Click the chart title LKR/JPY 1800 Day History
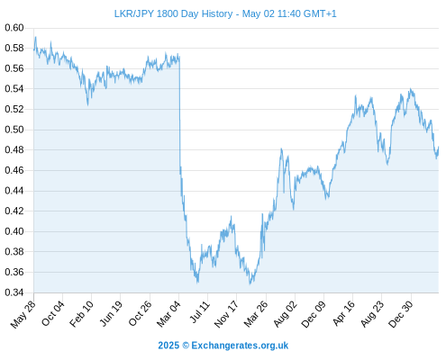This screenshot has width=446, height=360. [x=173, y=13]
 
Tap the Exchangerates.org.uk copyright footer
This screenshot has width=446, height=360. [x=223, y=346]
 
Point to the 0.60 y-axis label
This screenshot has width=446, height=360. [x=14, y=28]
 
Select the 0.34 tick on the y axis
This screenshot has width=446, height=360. [x=14, y=292]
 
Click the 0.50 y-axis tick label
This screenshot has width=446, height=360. [x=14, y=130]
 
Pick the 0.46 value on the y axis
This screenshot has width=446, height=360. [x=14, y=170]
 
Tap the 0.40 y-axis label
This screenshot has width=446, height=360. [x=14, y=231]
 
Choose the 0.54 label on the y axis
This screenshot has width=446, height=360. [x=14, y=89]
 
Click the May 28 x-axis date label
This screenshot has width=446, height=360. [x=23, y=314]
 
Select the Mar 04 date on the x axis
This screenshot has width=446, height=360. [x=168, y=314]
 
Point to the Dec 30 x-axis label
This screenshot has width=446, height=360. [x=401, y=314]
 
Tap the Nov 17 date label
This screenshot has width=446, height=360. [x=226, y=314]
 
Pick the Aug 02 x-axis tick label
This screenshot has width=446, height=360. [x=285, y=314]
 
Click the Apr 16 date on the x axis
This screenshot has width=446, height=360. [x=343, y=313]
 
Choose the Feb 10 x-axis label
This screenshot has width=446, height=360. [x=81, y=314]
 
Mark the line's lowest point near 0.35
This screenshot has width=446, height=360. [x=250, y=284]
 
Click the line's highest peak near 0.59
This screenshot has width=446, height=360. [x=36, y=37]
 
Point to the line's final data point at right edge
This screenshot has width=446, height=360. [x=438, y=147]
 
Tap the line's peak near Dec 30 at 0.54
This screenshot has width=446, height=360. [x=411, y=89]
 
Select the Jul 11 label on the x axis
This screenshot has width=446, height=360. [x=199, y=312]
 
